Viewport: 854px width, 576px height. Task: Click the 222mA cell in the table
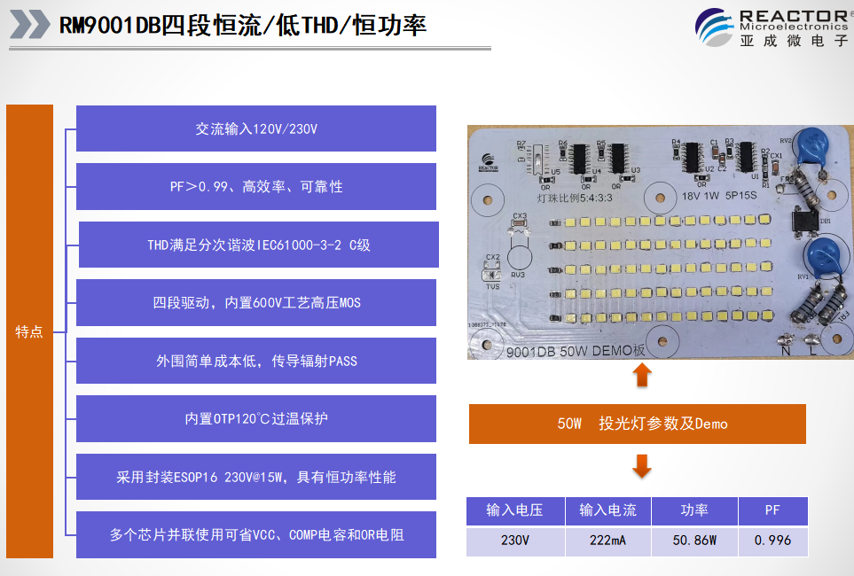[607, 541]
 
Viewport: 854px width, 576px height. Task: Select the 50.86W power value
[693, 541]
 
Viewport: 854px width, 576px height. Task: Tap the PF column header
[772, 511]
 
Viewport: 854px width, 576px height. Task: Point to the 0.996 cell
[772, 541]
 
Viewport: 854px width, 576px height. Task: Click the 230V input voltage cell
[514, 541]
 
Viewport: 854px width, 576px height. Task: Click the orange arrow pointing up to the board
[642, 376]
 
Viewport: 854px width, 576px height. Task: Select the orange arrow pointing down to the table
[642, 465]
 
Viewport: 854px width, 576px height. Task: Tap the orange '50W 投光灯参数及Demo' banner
[637, 424]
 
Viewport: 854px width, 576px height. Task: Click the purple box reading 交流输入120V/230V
[256, 129]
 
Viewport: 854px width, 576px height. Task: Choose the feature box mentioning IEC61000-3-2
[258, 245]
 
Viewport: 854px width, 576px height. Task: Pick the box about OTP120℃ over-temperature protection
[256, 418]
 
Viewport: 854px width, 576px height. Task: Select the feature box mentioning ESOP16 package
[256, 477]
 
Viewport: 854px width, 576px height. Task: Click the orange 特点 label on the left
[29, 331]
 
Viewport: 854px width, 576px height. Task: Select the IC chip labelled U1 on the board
[748, 157]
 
